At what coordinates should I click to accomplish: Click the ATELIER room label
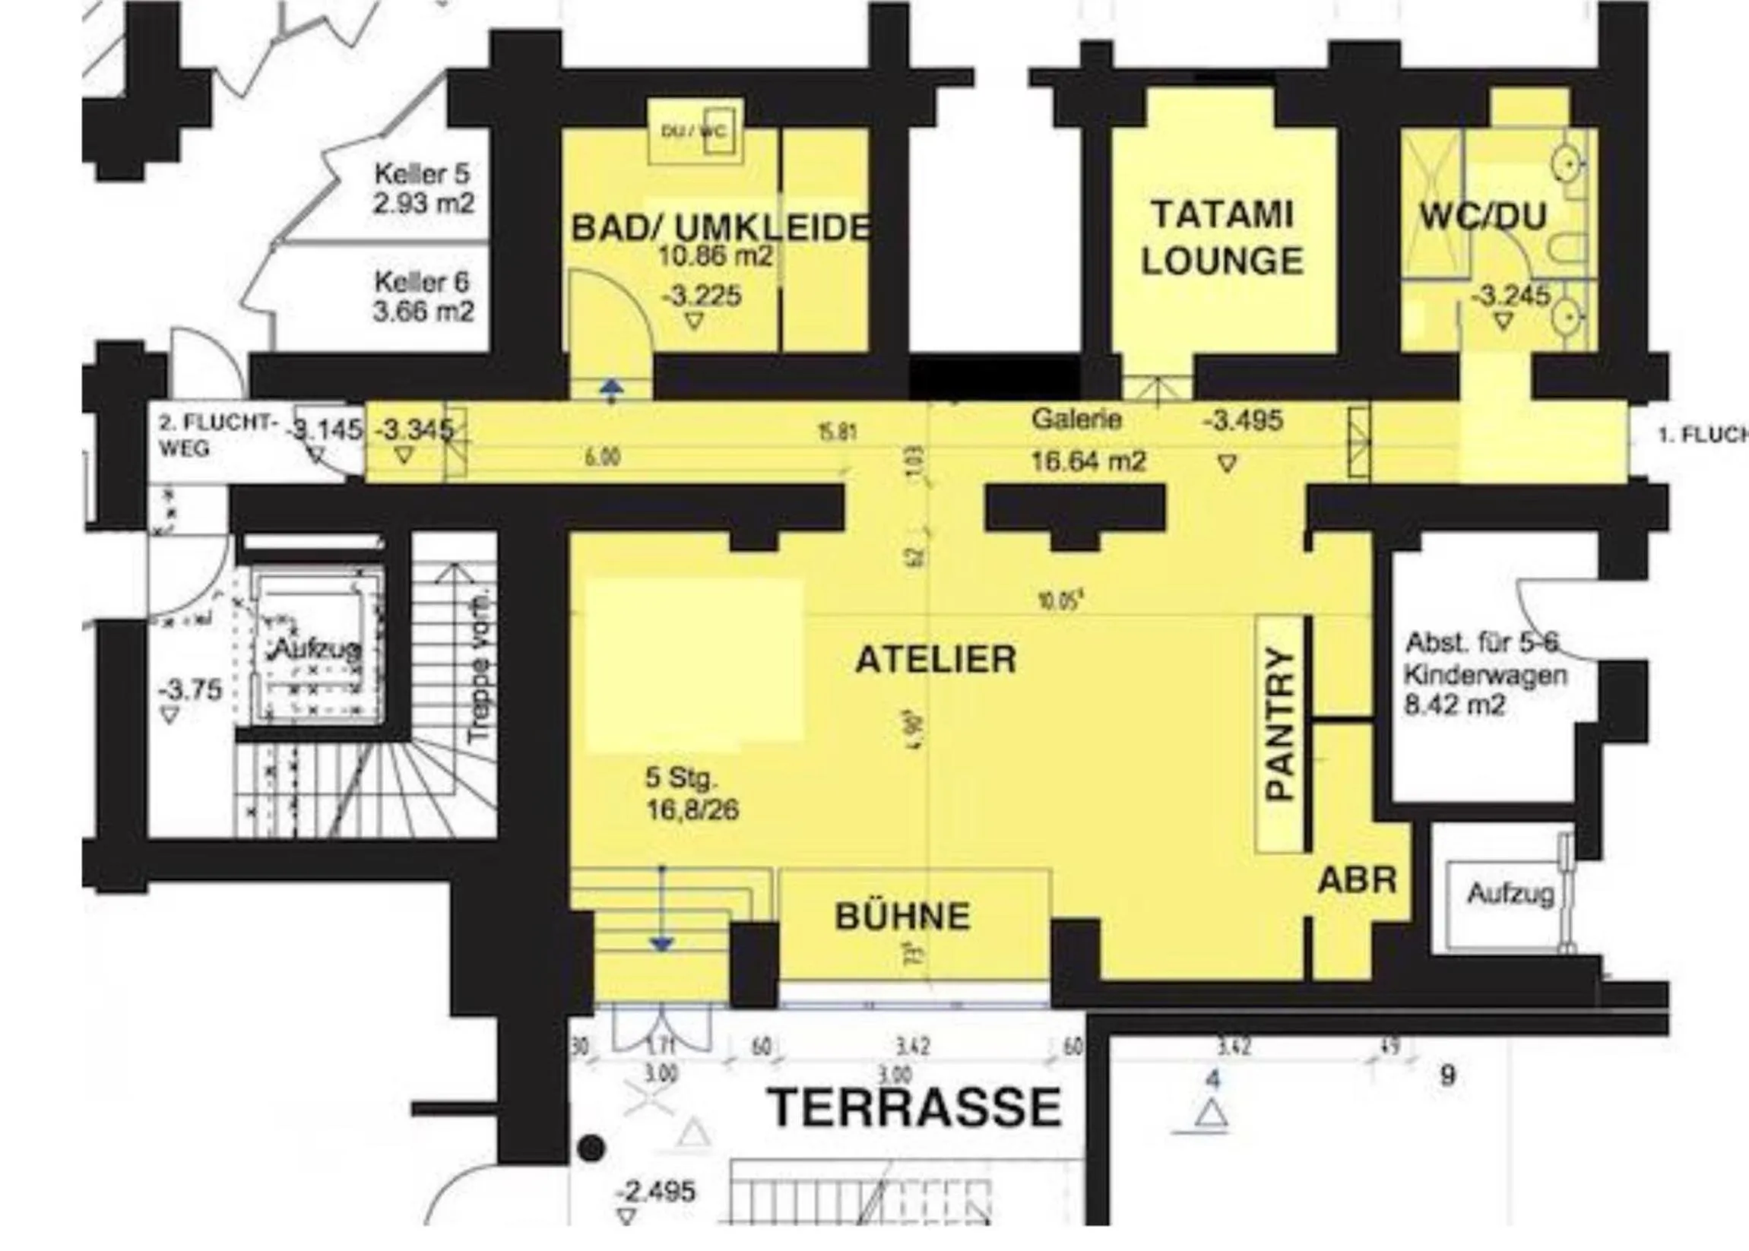tap(936, 660)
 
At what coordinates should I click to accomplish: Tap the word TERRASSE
tap(915, 1107)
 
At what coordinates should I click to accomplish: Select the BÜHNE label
tap(902, 917)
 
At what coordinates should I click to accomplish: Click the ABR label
tap(1357, 880)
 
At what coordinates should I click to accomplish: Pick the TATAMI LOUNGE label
tap(1222, 237)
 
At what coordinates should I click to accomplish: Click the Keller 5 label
tap(421, 173)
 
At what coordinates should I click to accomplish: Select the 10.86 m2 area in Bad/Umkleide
tap(714, 255)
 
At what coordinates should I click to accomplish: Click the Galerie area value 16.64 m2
tap(1088, 461)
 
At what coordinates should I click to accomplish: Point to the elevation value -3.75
tap(189, 689)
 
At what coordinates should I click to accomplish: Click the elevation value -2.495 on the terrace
tap(655, 1192)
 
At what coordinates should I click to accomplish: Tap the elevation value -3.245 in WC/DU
tap(1510, 296)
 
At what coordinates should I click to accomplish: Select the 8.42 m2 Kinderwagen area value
tap(1453, 705)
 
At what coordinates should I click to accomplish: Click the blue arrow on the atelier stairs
tap(662, 942)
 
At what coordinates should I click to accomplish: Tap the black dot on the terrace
tap(591, 1148)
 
